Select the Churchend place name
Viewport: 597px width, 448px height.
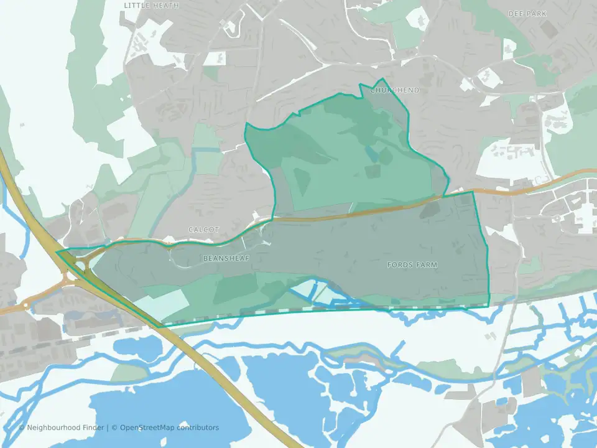pyautogui.click(x=394, y=90)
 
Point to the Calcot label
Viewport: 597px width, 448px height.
pyautogui.click(x=203, y=230)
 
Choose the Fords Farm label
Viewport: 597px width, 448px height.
pyautogui.click(x=412, y=265)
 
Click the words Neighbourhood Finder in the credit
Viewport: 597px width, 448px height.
pyautogui.click(x=66, y=427)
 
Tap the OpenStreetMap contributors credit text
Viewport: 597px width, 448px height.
pyautogui.click(x=169, y=427)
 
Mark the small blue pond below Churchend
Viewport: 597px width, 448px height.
pyautogui.click(x=371, y=153)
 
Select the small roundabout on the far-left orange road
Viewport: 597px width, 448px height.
pyautogui.click(x=26, y=306)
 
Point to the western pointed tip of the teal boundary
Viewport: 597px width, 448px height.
pyautogui.click(x=57, y=253)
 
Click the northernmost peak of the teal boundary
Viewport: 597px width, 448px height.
pyautogui.click(x=381, y=80)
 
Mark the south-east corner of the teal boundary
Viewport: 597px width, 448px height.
pyautogui.click(x=489, y=306)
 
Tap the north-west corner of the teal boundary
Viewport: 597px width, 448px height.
pyautogui.click(x=246, y=124)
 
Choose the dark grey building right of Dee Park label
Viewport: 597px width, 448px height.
pyautogui.click(x=549, y=29)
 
